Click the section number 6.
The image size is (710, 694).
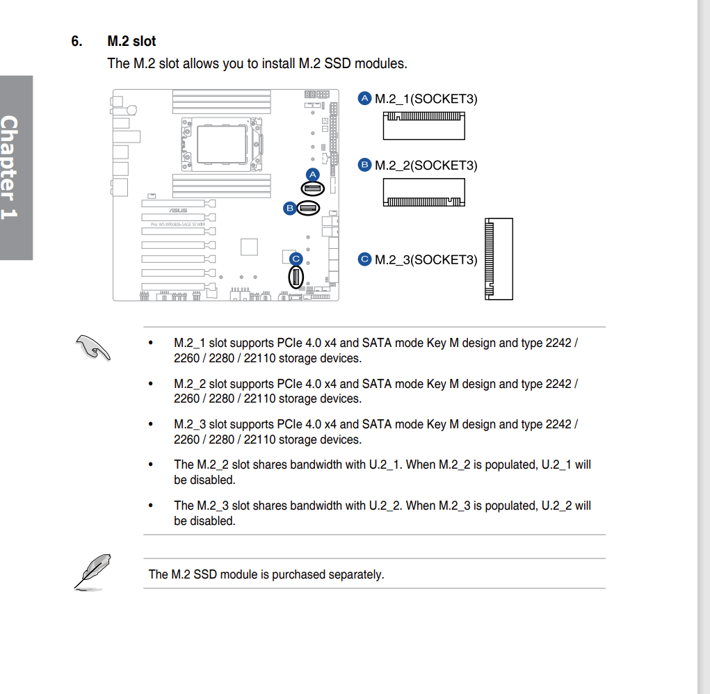[x=76, y=42]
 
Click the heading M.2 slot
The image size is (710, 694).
[x=131, y=42]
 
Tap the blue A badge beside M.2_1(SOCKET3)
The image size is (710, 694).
[x=365, y=99]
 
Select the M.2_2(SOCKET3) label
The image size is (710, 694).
[x=426, y=166]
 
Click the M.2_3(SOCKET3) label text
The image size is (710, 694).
[x=426, y=260]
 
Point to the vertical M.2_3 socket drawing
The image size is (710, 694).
[x=498, y=259]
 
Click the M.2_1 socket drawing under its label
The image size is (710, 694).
[x=423, y=126]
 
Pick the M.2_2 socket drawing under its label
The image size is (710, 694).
[x=423, y=193]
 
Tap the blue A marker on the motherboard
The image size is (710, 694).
[x=312, y=174]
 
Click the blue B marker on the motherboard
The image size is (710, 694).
[x=289, y=207]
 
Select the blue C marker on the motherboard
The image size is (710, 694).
[x=296, y=259]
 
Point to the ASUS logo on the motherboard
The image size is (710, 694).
[x=178, y=210]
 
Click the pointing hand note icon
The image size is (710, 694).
[x=93, y=347]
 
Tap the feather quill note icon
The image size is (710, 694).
[x=92, y=572]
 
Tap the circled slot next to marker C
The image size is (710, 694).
[x=296, y=278]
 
